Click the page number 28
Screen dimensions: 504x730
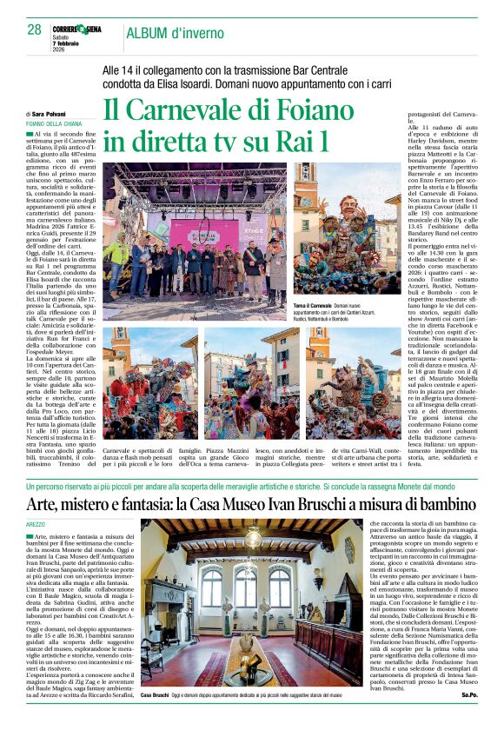tap(34, 30)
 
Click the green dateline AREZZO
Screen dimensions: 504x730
tap(36, 526)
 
